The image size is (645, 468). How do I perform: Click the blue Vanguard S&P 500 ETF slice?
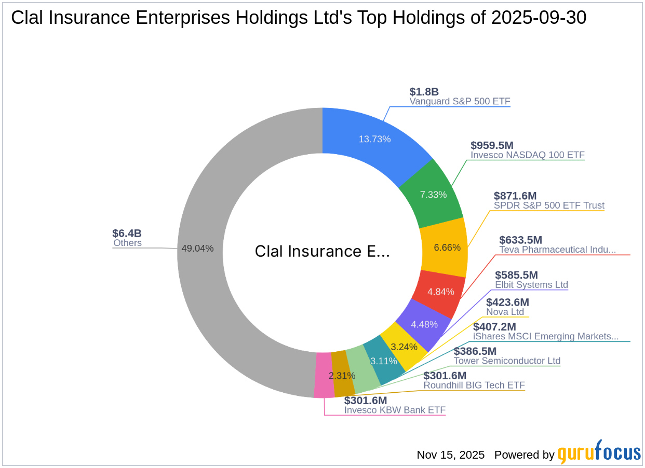click(374, 139)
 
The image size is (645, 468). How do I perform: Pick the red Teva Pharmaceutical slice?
click(441, 292)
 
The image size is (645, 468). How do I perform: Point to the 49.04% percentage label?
click(197, 249)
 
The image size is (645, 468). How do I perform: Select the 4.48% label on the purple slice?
click(424, 324)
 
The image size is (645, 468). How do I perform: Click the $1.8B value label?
click(424, 92)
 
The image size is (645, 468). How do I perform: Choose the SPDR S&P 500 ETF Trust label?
click(549, 205)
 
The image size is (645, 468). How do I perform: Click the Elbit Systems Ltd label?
click(531, 285)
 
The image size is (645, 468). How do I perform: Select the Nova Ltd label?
click(505, 312)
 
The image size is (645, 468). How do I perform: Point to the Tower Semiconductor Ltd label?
click(507, 361)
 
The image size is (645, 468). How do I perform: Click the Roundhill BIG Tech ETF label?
click(474, 385)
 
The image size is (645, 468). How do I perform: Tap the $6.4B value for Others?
click(127, 233)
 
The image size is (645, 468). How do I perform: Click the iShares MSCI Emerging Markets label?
click(546, 336)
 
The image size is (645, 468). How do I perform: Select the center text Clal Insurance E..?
click(321, 251)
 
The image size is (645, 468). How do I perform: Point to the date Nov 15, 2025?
click(450, 455)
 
